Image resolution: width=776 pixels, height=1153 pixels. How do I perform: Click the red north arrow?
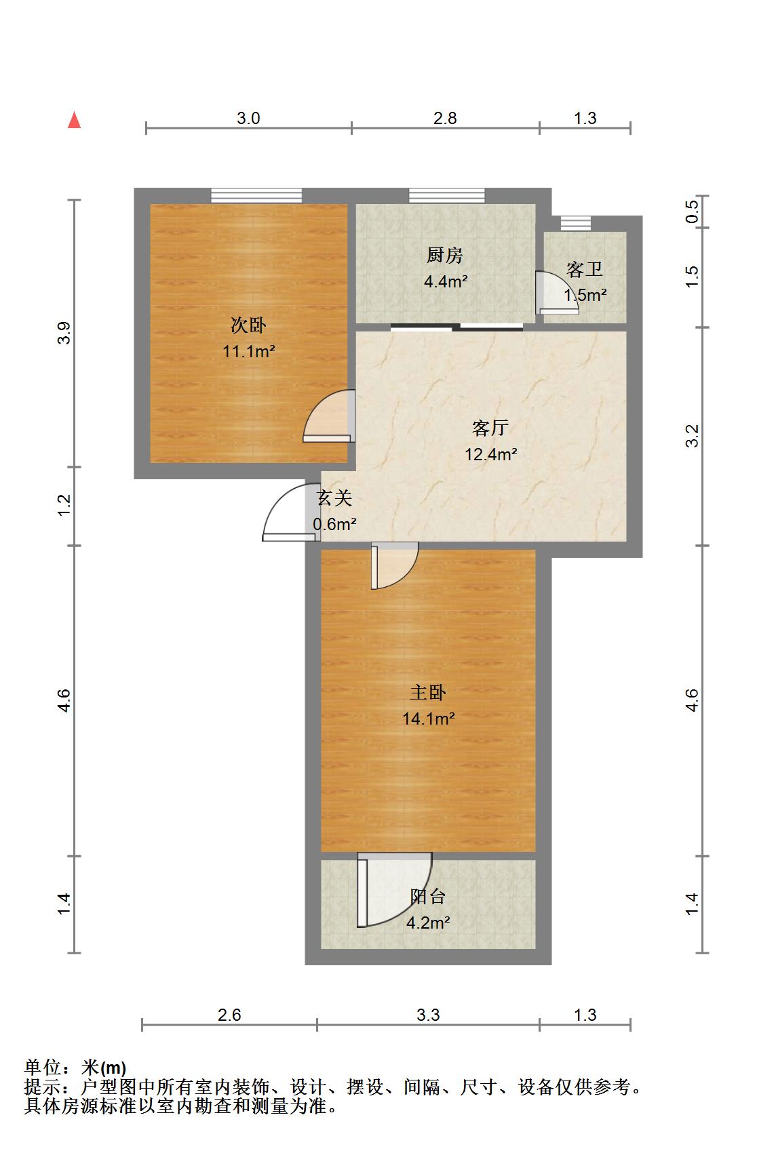coord(75,121)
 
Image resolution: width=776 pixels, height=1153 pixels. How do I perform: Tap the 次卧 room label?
coord(248,325)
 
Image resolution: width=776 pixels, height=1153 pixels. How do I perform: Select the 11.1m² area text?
coord(249,352)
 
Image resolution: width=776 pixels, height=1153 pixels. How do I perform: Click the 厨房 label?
coord(445,255)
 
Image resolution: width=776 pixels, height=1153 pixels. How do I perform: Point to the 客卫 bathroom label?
coord(585,269)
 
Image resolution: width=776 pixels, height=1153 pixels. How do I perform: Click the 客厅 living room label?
coord(490,428)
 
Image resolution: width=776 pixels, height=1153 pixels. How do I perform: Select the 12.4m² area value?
coord(491,455)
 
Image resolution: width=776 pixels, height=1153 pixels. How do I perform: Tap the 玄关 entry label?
coord(334,498)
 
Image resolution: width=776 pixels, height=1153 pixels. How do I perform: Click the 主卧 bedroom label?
coord(428,692)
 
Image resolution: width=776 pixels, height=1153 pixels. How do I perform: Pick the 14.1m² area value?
coord(429,719)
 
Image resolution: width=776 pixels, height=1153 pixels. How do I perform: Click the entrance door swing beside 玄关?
coord(289,512)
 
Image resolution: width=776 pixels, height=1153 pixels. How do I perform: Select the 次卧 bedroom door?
coord(328,416)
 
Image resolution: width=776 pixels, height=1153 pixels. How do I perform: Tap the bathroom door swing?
coord(557,292)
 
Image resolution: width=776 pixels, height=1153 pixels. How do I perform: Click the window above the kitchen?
coord(446,196)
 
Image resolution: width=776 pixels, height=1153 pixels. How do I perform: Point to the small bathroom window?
coord(576,224)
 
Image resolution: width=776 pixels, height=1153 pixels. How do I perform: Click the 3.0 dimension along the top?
coord(248,119)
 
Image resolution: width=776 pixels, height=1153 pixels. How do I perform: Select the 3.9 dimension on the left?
coord(64,333)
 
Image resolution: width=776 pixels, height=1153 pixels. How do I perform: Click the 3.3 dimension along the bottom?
coord(428,1015)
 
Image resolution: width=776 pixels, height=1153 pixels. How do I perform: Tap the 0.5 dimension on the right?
coord(693,211)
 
